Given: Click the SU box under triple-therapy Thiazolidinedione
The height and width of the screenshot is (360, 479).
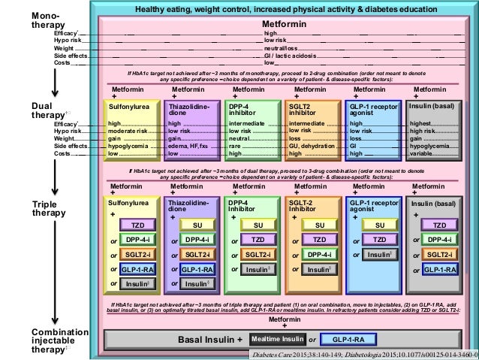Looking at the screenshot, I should (x=197, y=225).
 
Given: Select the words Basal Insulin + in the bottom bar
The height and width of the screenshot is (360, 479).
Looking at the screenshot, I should (x=210, y=339).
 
